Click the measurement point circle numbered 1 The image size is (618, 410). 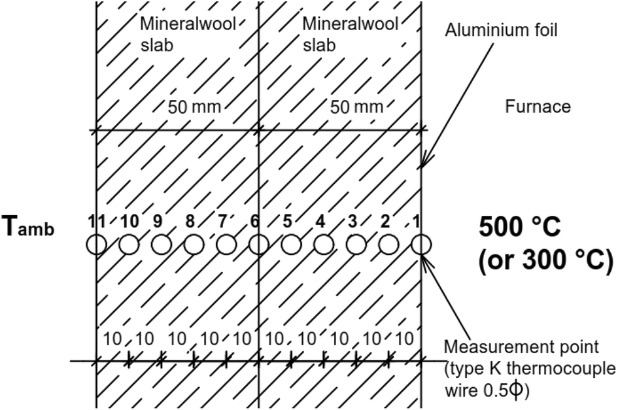click(x=422, y=245)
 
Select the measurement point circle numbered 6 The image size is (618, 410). click(x=259, y=245)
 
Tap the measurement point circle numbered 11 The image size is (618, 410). click(x=96, y=245)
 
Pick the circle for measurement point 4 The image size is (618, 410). click(x=324, y=245)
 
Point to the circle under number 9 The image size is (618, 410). click(x=161, y=245)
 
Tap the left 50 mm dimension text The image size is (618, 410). click(x=194, y=107)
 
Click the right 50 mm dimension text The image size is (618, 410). click(x=357, y=107)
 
